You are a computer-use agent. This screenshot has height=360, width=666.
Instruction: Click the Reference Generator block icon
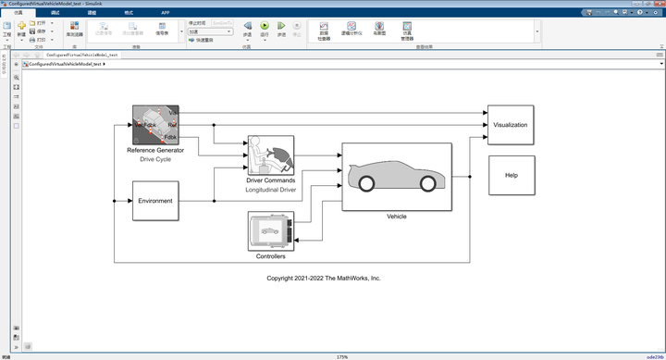click(x=155, y=124)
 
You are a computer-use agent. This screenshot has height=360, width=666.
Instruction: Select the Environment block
click(x=155, y=201)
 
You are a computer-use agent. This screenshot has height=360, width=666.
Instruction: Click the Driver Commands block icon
click(x=270, y=154)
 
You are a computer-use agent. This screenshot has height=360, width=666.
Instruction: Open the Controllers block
click(x=270, y=230)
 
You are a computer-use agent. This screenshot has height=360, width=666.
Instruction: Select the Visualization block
click(x=510, y=124)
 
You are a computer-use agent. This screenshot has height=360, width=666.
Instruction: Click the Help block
click(x=512, y=175)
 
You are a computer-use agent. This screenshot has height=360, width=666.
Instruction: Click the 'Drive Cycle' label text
click(x=155, y=159)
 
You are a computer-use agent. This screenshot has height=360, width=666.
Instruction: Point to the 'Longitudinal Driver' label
click(x=270, y=189)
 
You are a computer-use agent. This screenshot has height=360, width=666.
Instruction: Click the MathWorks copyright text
click(x=324, y=278)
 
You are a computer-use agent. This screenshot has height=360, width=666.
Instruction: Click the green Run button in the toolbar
click(x=265, y=28)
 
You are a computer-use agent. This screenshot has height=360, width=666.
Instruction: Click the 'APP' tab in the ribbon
click(x=165, y=12)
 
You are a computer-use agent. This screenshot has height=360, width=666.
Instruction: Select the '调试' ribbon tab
click(x=55, y=12)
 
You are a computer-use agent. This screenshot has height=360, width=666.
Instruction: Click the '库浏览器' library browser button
click(x=75, y=31)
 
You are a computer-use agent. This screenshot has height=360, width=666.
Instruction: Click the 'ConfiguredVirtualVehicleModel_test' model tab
click(x=81, y=55)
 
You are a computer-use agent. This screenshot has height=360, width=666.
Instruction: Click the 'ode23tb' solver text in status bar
click(x=653, y=356)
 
